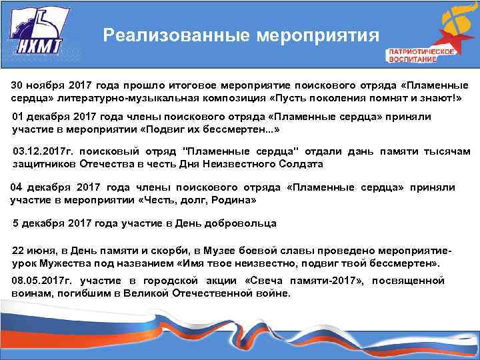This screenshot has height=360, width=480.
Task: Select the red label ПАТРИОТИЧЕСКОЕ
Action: pyautogui.click(x=421, y=51)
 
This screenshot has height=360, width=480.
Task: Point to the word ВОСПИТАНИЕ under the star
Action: pyautogui.click(x=413, y=59)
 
